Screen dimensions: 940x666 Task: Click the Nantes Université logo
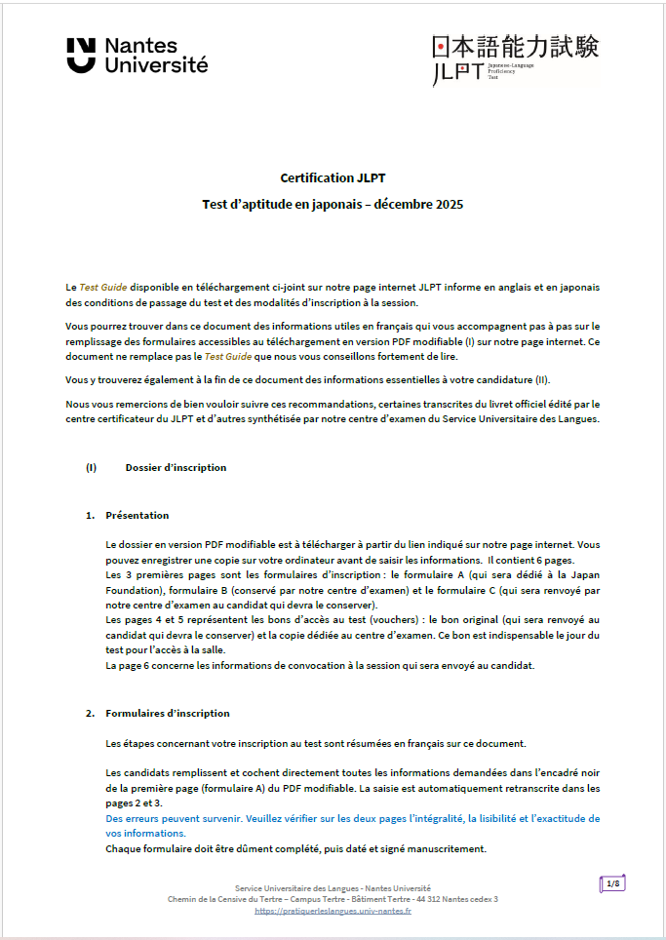pyautogui.click(x=137, y=56)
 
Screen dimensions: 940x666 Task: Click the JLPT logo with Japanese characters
pyautogui.click(x=515, y=59)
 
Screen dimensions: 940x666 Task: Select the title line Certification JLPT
pyautogui.click(x=332, y=177)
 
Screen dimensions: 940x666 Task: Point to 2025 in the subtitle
pyautogui.click(x=450, y=205)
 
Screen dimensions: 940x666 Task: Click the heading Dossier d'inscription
pyautogui.click(x=176, y=467)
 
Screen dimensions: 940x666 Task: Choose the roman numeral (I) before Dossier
pyautogui.click(x=91, y=467)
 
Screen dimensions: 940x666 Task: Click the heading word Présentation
pyautogui.click(x=137, y=515)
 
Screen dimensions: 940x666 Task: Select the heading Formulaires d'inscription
pyautogui.click(x=168, y=713)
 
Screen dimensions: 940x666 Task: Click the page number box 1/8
pyautogui.click(x=612, y=884)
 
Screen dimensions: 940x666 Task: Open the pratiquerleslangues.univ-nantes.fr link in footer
pyautogui.click(x=333, y=911)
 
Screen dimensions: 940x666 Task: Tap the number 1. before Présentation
pyautogui.click(x=90, y=515)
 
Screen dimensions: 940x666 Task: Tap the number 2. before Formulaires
pyautogui.click(x=90, y=713)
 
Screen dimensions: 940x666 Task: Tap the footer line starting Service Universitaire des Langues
pyautogui.click(x=333, y=888)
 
